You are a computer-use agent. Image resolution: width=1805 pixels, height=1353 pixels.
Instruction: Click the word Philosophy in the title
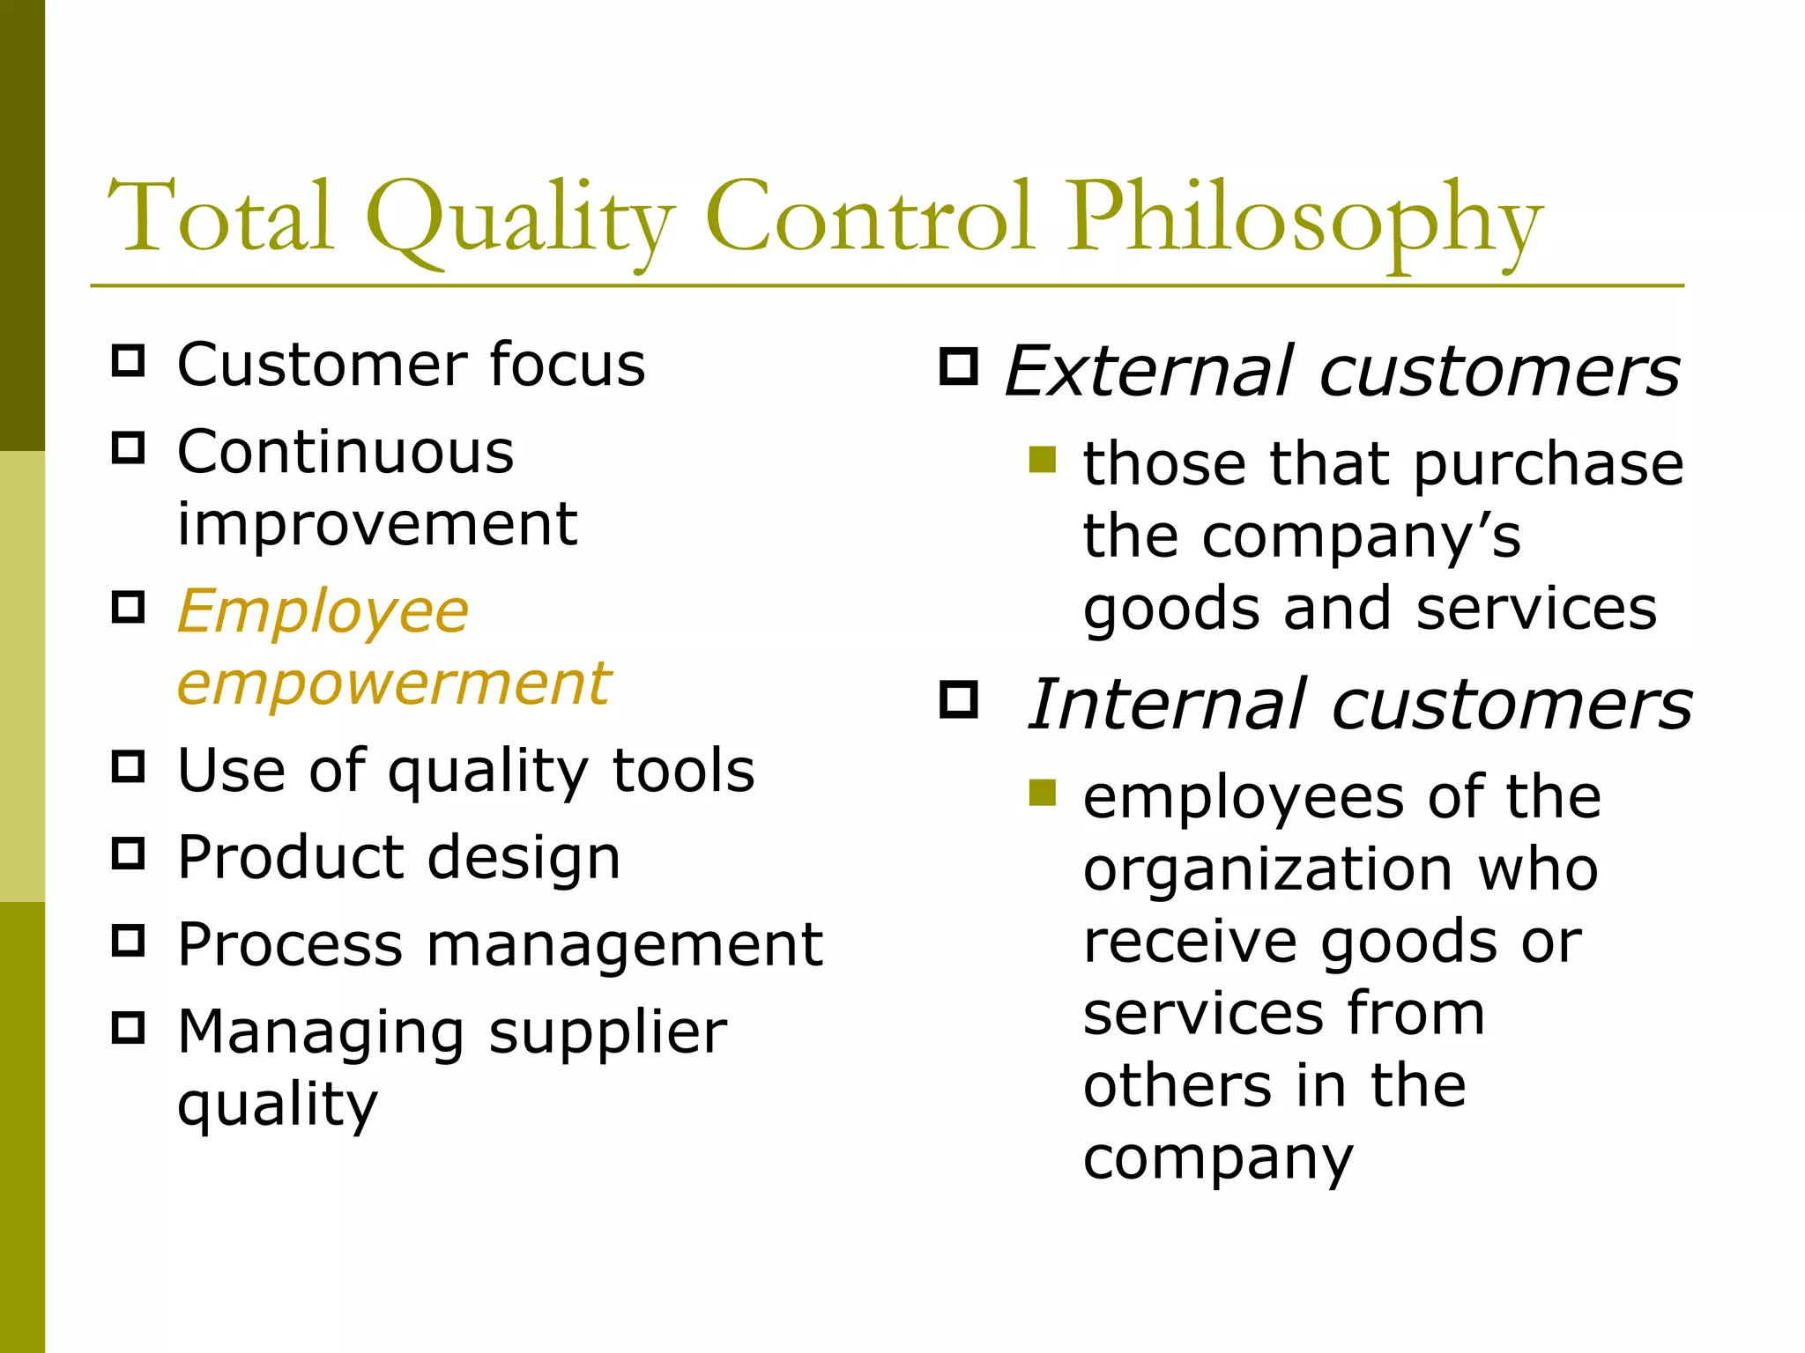click(x=1304, y=220)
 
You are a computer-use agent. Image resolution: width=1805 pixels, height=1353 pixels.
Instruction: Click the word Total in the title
click(x=220, y=217)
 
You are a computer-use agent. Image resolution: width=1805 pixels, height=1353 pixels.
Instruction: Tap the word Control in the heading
click(x=868, y=217)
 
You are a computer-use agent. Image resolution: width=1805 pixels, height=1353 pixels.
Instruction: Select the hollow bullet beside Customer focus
click(x=129, y=360)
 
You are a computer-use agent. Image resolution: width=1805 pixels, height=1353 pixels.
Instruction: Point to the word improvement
click(x=377, y=525)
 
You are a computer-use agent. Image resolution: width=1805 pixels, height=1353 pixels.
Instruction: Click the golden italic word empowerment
click(x=394, y=684)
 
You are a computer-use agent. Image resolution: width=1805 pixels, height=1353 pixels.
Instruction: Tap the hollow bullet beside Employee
click(x=129, y=607)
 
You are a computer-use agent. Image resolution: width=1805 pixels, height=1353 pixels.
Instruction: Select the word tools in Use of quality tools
click(x=683, y=771)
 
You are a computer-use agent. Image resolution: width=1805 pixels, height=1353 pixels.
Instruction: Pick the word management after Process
click(x=625, y=945)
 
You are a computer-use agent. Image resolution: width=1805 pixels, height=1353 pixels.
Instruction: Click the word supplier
click(x=607, y=1032)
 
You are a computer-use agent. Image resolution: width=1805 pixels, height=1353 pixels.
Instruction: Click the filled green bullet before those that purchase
click(x=1042, y=459)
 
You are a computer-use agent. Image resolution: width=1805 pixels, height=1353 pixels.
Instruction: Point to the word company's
click(x=1362, y=537)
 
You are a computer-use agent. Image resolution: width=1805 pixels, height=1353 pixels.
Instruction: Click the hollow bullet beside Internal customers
click(x=958, y=699)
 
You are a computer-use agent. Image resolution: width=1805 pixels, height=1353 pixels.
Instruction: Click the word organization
click(x=1267, y=870)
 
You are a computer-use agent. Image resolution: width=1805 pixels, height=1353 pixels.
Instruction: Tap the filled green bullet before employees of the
click(x=1042, y=793)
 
